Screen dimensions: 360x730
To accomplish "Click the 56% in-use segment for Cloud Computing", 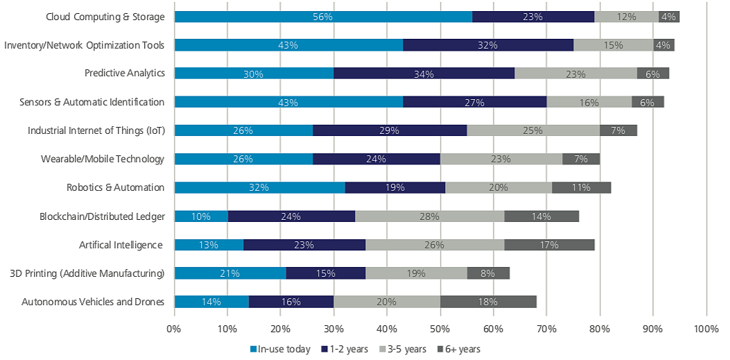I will point(323,17).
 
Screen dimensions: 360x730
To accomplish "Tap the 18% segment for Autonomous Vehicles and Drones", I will point(488,301).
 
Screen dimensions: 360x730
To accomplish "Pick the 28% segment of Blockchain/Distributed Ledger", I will point(430,216).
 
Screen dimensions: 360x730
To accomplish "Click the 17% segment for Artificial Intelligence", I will point(549,244).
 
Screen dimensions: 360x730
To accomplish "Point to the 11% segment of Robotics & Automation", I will point(582,187).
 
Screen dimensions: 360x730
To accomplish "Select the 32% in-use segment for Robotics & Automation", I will point(259,187).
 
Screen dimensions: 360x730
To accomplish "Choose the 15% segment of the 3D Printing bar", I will point(326,273).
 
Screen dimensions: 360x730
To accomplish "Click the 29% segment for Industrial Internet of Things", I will point(390,130).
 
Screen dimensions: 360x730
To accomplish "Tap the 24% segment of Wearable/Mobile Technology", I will point(376,159).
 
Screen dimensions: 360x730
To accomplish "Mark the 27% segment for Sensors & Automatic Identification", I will point(475,102).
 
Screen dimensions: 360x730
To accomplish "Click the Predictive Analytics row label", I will point(124,74).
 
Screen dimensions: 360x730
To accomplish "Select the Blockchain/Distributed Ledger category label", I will point(102,216).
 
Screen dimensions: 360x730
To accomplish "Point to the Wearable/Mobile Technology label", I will point(103,159).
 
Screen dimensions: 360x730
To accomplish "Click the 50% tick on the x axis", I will point(440,328).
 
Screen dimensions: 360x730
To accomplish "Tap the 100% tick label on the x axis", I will point(706,328).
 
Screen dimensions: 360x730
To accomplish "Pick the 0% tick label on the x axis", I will point(174,328).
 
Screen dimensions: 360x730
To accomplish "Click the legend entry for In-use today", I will point(281,349).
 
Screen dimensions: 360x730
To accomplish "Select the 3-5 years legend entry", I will point(401,349).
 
